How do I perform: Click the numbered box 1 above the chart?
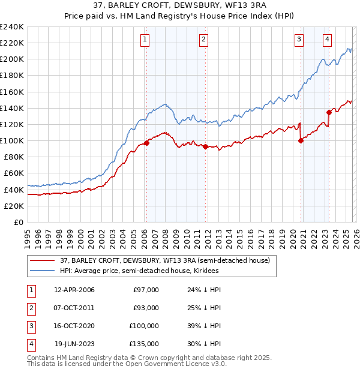146,40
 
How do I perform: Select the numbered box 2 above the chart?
204,40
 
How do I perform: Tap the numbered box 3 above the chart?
299,40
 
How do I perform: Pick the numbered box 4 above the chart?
327,40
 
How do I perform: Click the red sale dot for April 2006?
146,143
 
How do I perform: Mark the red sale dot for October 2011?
205,146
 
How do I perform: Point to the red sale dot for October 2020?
301,140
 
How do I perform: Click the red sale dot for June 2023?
329,112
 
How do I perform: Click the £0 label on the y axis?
18,222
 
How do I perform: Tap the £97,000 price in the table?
146,290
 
